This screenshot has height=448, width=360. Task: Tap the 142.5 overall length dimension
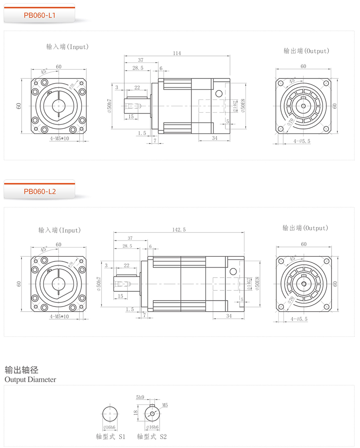pyautogui.click(x=179, y=229)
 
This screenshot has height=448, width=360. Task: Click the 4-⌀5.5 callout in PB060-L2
pyautogui.click(x=302, y=319)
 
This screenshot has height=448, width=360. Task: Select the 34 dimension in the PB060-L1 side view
pyautogui.click(x=214, y=138)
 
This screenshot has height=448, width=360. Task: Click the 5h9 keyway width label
pyautogui.click(x=140, y=398)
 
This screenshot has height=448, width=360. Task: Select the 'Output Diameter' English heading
pyautogui.click(x=30, y=379)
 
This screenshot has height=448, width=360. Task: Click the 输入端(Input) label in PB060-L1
pyautogui.click(x=67, y=47)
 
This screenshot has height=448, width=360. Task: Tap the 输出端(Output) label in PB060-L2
pyautogui.click(x=305, y=228)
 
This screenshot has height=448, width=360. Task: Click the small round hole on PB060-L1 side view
pyautogui.click(x=218, y=94)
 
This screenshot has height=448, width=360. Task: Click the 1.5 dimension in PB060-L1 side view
pyautogui.click(x=142, y=133)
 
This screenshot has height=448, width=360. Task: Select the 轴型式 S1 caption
pyautogui.click(x=110, y=436)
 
